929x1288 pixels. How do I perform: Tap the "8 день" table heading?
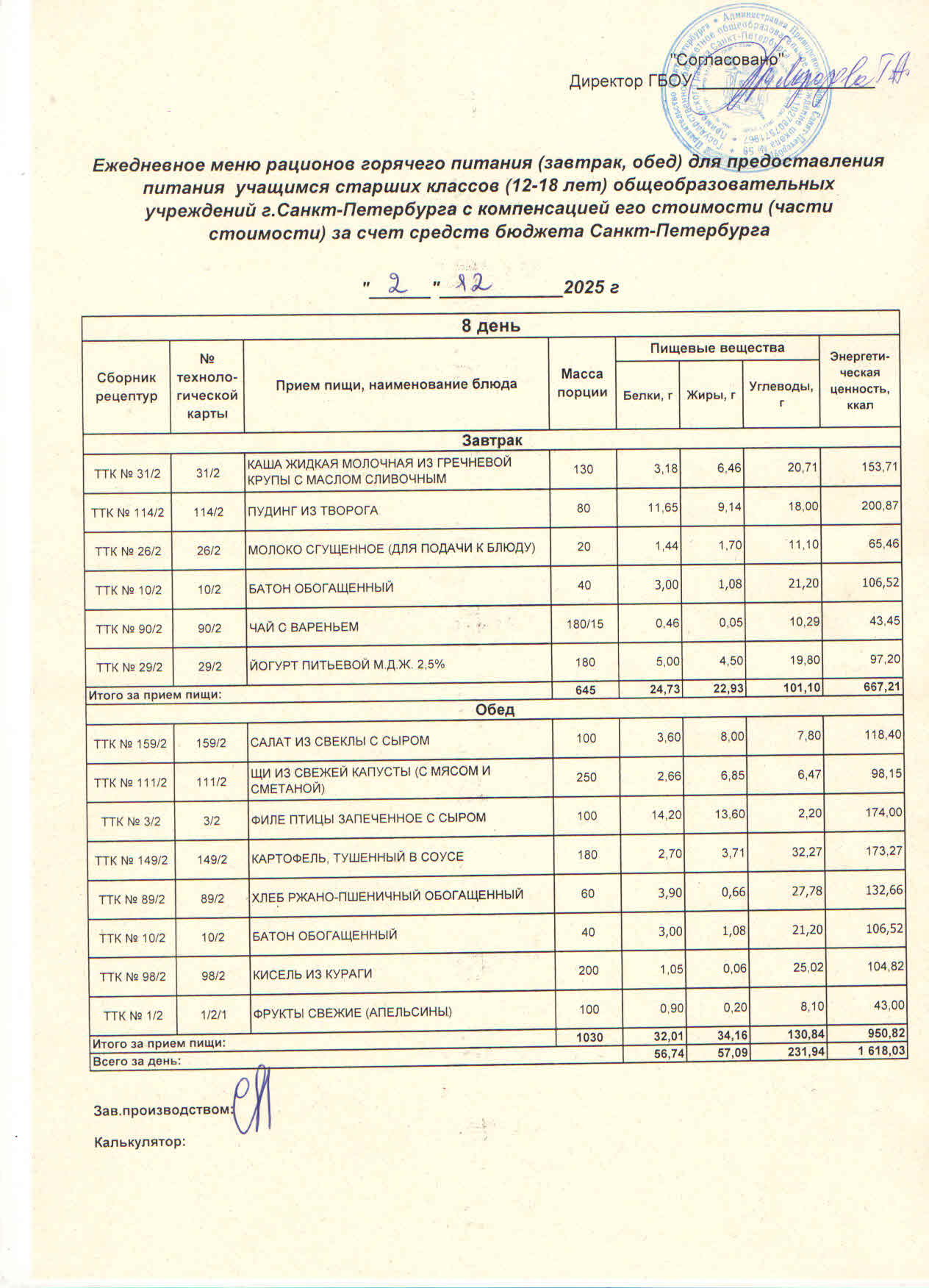[x=490, y=325]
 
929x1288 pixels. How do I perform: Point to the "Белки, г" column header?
[x=648, y=396]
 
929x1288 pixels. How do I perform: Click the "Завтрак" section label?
[x=492, y=440]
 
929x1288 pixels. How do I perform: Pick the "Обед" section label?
[x=495, y=710]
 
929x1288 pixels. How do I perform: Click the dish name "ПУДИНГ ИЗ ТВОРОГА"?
[x=312, y=509]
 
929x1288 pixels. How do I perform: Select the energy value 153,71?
[x=878, y=467]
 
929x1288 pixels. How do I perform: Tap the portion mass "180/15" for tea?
[x=584, y=624]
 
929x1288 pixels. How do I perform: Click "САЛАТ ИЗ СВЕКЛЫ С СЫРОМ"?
[x=340, y=740]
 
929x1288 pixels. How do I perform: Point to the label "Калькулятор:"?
[x=139, y=1142]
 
